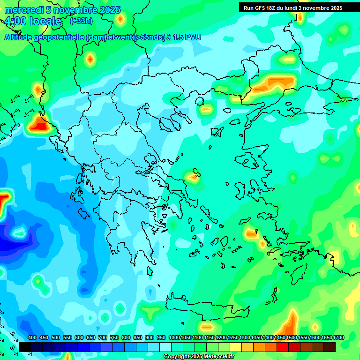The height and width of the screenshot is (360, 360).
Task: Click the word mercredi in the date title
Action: point(23,10)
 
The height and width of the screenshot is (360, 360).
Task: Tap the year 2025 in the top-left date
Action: point(109,10)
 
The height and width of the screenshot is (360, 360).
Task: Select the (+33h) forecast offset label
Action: point(81,21)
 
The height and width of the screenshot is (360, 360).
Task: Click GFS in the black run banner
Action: point(262,8)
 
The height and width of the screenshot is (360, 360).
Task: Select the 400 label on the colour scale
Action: point(32,338)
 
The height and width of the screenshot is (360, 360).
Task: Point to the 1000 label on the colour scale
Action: point(174,338)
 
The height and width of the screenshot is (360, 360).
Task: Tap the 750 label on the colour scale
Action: point(114,338)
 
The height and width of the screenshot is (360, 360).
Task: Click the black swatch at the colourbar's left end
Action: point(25,347)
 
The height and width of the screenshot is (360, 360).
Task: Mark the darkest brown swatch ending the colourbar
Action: point(330,347)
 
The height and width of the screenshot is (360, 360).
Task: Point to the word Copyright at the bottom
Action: point(176,357)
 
